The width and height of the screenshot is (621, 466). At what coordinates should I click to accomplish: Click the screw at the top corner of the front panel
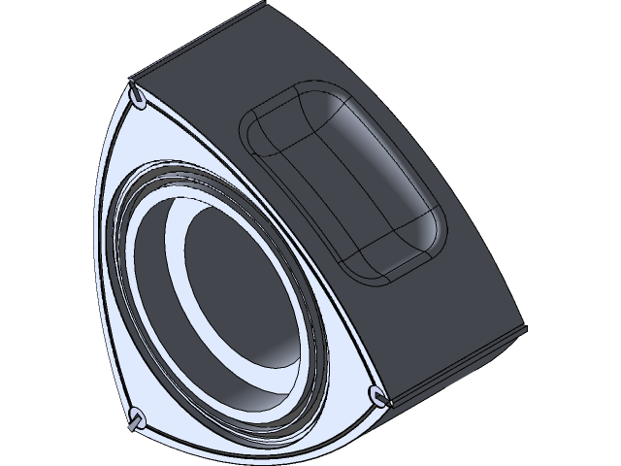138,96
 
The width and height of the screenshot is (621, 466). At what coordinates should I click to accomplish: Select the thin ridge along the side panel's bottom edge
456,364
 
